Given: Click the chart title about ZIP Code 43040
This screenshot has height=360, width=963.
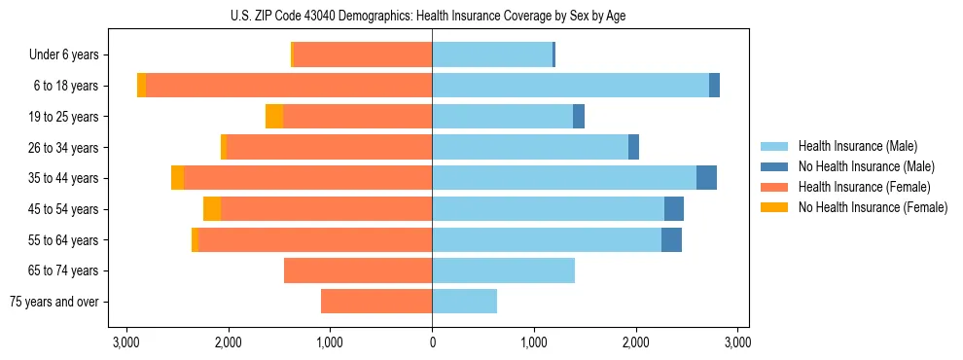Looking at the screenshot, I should click(432, 15).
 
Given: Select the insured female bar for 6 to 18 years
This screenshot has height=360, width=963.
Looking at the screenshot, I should click(289, 86).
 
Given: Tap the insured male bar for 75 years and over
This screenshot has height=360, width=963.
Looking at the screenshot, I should click(464, 302).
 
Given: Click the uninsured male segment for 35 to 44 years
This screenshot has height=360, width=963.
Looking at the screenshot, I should click(706, 178).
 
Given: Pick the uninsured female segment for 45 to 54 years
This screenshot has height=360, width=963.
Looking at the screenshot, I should click(212, 209).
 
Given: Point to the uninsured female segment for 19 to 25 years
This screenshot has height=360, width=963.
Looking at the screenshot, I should click(274, 117).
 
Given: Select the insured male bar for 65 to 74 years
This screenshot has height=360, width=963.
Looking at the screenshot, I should click(503, 270).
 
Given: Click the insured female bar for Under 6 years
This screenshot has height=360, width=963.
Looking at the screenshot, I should click(363, 54).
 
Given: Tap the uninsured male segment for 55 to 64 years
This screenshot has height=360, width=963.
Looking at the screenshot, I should click(671, 239).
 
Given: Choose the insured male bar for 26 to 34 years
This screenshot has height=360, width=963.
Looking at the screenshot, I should click(530, 147).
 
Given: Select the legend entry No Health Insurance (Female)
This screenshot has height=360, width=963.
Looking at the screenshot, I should click(872, 207).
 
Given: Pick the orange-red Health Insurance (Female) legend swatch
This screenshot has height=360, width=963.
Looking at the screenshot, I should click(774, 187).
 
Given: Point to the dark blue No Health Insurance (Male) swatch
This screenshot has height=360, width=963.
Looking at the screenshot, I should click(774, 166).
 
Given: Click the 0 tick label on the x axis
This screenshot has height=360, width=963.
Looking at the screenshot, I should click(432, 342).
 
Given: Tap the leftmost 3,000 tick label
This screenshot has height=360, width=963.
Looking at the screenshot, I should click(126, 342).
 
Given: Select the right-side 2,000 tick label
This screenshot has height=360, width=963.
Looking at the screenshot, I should click(636, 342).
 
